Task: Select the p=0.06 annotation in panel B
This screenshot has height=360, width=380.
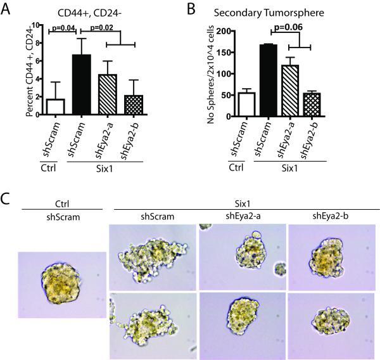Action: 291,29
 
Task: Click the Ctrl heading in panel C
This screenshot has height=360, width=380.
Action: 61,203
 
